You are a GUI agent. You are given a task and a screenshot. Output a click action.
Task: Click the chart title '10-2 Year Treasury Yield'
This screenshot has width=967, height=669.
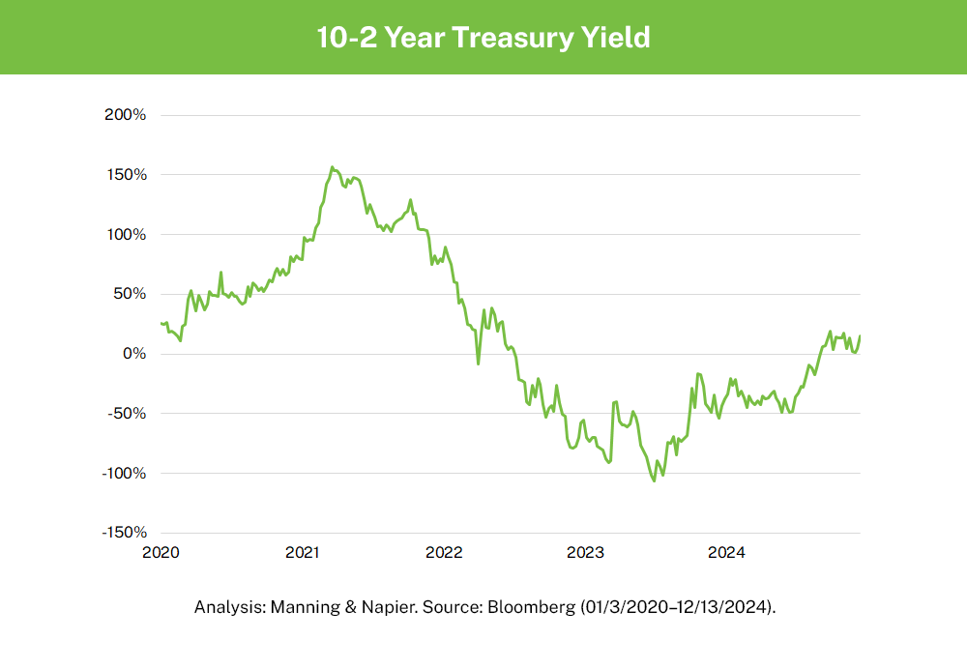pos(483,38)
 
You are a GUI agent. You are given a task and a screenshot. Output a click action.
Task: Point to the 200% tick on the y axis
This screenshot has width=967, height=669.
pos(125,115)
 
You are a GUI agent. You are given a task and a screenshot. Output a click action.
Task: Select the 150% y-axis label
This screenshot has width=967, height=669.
pos(126,175)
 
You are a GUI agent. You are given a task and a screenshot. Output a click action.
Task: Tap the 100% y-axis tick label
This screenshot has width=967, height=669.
pos(126,235)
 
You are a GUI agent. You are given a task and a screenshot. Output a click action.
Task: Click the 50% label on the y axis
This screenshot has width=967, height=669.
pos(130,294)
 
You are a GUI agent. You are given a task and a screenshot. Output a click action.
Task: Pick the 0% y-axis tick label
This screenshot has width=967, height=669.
pos(133,354)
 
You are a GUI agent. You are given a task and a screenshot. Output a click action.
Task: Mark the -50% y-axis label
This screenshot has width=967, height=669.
pos(128,414)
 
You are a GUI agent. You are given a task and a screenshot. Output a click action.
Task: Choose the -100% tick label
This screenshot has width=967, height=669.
pos(124,474)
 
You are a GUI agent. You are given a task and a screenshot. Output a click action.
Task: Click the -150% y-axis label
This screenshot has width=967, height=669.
pos(124,533)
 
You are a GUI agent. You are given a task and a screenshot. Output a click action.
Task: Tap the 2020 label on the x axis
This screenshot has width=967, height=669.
pos(161,553)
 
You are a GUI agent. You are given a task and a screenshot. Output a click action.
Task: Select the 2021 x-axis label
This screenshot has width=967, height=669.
pos(303,553)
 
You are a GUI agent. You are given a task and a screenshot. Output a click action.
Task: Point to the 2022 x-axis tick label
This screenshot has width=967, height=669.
pos(444,553)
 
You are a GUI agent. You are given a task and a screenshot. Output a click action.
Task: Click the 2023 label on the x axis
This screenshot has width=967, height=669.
pos(585,553)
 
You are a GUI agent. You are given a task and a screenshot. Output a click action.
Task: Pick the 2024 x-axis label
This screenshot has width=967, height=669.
pos(726,553)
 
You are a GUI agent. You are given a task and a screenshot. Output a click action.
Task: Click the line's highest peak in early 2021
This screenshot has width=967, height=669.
pos(332,167)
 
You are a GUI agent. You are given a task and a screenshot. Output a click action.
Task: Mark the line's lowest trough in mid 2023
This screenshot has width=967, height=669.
pos(655,480)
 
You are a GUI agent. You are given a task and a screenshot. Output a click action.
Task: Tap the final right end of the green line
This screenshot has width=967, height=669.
pos(860,336)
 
